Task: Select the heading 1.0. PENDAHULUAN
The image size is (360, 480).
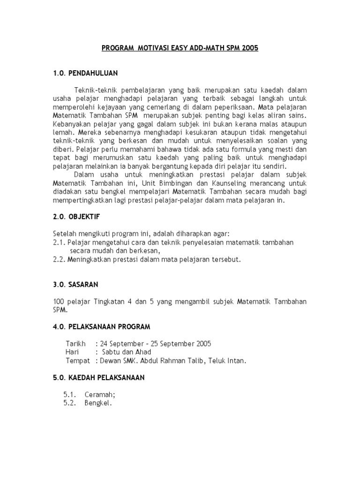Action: (85, 73)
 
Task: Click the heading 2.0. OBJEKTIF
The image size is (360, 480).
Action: (76, 217)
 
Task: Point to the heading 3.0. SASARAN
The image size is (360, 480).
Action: (75, 284)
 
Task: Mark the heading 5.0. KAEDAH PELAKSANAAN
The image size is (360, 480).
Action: (99, 377)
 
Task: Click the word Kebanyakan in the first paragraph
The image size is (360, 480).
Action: (71, 123)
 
